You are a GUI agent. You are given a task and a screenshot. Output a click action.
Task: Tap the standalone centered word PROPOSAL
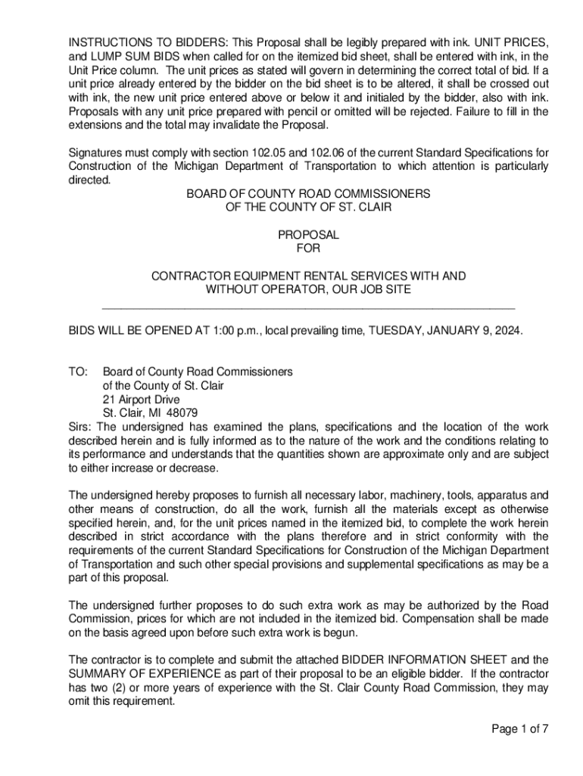point(308,235)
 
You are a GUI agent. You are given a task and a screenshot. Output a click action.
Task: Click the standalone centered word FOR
point(308,249)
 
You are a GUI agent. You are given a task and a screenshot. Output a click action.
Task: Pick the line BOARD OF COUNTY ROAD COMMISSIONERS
point(308,194)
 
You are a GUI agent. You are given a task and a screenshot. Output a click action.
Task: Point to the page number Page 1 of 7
point(519,729)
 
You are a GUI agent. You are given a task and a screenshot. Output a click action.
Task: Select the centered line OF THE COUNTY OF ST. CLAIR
point(308,208)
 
